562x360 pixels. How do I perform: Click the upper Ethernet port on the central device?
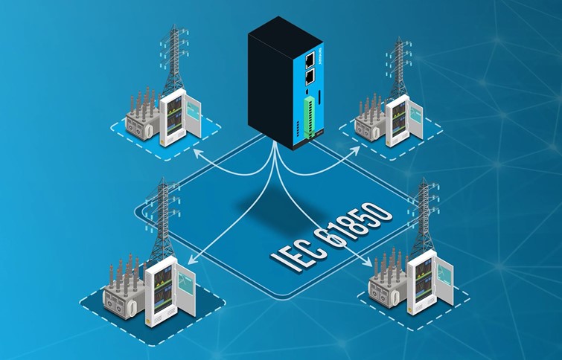pyautogui.click(x=307, y=57)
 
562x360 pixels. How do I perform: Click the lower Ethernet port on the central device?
pyautogui.click(x=307, y=76)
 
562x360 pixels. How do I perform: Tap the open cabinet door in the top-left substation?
pyautogui.click(x=192, y=115)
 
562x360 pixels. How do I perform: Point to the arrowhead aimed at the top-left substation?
pyautogui.click(x=195, y=151)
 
